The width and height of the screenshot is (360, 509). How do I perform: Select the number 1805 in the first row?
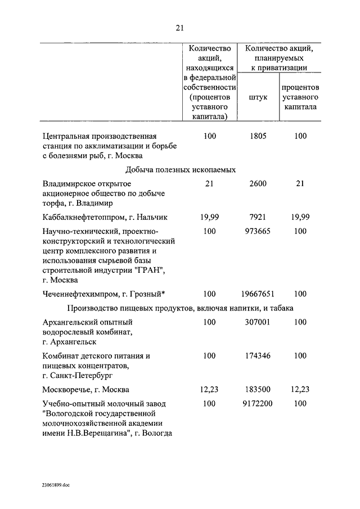[258, 136]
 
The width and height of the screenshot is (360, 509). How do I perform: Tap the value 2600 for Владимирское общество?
[258, 183]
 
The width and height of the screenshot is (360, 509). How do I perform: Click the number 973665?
[258, 231]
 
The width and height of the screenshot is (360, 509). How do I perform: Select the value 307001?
[258, 322]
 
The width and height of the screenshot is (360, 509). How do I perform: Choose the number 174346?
[258, 355]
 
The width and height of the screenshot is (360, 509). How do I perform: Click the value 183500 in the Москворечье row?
[258, 389]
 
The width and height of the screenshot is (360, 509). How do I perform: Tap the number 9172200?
[258, 403]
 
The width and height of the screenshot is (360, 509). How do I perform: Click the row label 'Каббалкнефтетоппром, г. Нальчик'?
[105, 216]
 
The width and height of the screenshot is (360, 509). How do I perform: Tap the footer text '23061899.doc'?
[56, 484]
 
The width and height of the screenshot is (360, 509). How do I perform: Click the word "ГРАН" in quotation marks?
[150, 270]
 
